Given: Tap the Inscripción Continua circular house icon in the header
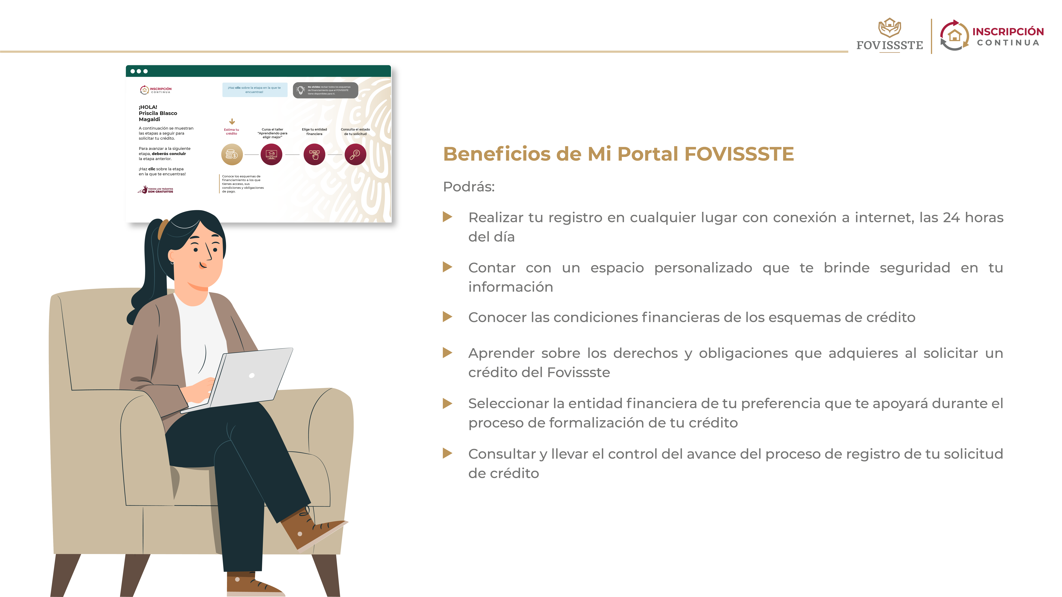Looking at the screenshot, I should coord(954,36).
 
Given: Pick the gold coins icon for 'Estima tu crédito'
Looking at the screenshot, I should coord(232,155).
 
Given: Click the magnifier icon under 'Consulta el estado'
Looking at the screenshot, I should coord(355,155).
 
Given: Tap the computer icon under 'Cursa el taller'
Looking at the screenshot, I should coord(271,155).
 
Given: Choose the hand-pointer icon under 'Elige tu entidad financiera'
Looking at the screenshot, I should coord(314,155).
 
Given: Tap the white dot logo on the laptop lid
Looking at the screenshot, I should coord(252,375).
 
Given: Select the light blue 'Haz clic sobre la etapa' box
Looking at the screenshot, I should coord(254,90).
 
